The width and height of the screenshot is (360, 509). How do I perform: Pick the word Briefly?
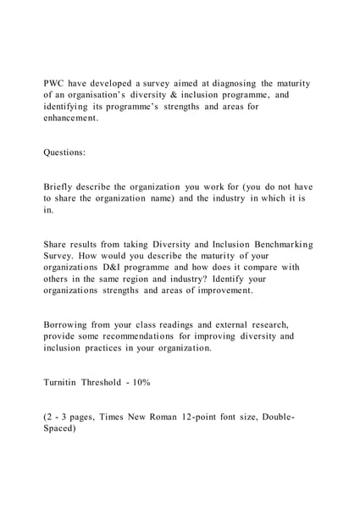click(x=62, y=186)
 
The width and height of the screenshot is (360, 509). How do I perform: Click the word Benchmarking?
click(x=280, y=244)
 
